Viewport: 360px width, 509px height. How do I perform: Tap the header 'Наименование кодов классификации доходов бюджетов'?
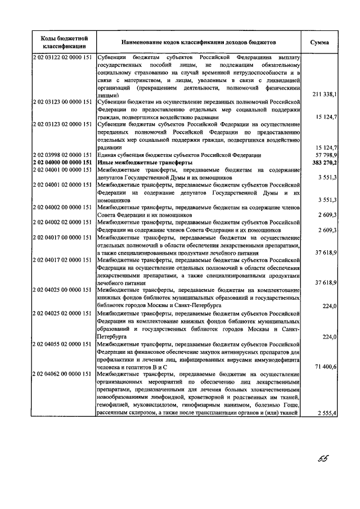197,42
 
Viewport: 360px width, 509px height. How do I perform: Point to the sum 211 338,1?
325,95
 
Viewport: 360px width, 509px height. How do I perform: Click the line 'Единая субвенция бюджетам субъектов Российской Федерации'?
179,155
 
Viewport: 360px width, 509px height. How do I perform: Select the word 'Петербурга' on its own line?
111,336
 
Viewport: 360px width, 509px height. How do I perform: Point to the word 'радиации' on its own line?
108,147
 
